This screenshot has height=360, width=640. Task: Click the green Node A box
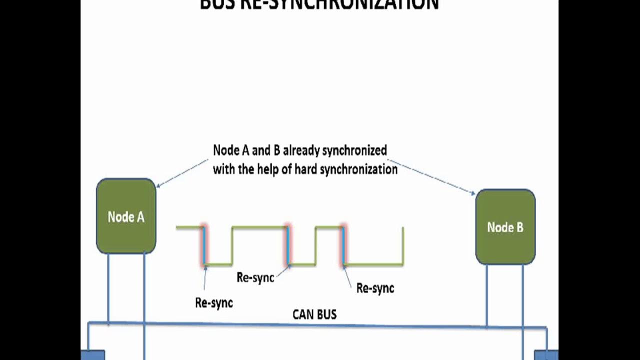(126, 216)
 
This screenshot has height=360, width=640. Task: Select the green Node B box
(505, 227)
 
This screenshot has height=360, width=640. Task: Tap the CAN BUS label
(314, 314)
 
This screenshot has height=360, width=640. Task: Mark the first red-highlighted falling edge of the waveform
(204, 245)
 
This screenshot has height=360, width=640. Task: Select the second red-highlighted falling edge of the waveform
(287, 245)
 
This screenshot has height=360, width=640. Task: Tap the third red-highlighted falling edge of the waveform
(343, 245)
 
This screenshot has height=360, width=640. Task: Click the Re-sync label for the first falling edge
(214, 303)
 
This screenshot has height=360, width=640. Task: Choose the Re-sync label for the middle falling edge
(255, 277)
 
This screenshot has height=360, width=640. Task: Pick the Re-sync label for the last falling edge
(375, 288)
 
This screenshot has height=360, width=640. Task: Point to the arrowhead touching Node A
(158, 186)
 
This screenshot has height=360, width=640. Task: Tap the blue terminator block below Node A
(93, 354)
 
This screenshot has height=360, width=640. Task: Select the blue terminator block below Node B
(546, 354)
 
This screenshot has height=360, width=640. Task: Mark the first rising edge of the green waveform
(232, 245)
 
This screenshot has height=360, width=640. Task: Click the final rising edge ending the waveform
(403, 245)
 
